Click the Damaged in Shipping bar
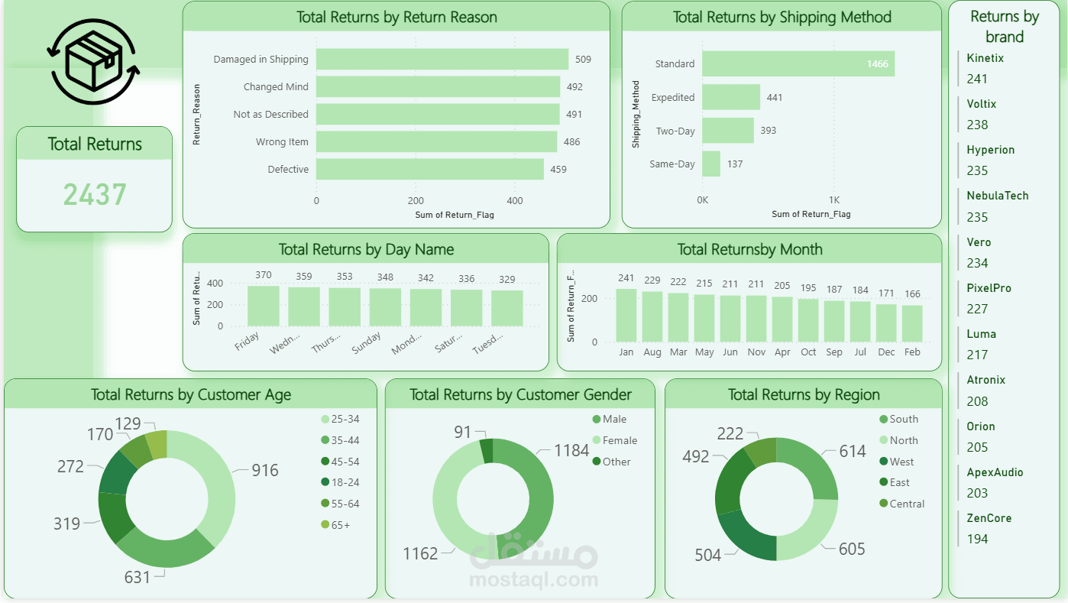[x=442, y=60]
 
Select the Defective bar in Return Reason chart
[x=429, y=169]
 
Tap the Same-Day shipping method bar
[x=711, y=164]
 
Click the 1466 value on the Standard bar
[x=877, y=64]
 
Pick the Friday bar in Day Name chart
[x=264, y=306]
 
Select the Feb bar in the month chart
[x=912, y=323]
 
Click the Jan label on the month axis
[x=626, y=352]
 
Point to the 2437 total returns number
[x=95, y=195]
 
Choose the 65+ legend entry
[x=340, y=525]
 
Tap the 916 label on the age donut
[x=265, y=471]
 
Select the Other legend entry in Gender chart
[x=616, y=462]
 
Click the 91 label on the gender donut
[x=462, y=433]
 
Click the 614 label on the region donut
[x=852, y=452]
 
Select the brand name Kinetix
[x=985, y=58]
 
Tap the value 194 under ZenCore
[x=977, y=539]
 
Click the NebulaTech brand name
[x=997, y=196]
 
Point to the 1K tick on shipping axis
[x=834, y=199]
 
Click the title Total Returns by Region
[x=804, y=394]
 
